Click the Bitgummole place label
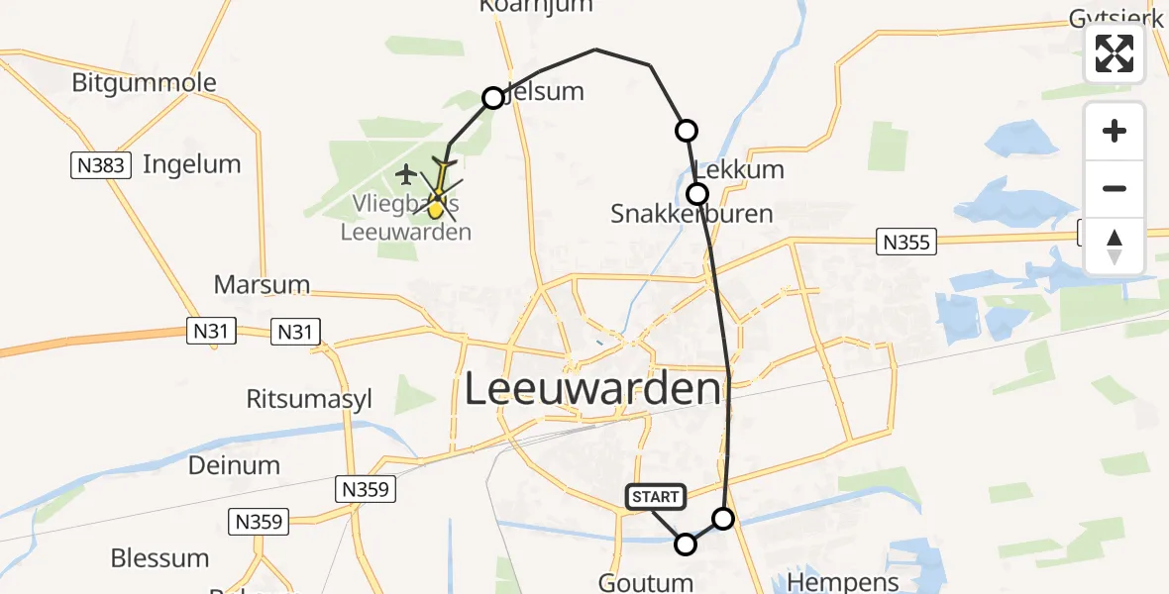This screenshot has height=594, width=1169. click(x=144, y=82)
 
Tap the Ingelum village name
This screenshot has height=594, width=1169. click(x=191, y=164)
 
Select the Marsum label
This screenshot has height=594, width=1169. click(x=262, y=285)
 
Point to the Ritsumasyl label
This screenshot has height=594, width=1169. click(x=309, y=399)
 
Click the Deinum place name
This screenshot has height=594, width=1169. click(x=234, y=465)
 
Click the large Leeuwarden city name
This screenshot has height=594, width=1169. click(x=591, y=389)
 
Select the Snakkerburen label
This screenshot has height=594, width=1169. click(x=691, y=214)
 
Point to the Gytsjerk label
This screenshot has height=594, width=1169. click(x=1116, y=18)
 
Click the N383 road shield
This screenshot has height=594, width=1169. click(x=103, y=164)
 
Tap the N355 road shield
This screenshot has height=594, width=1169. click(x=906, y=241)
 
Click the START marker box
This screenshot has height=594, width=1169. click(x=655, y=497)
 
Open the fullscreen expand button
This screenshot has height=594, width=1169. click(x=1115, y=53)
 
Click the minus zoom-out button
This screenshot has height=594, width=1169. click(x=1115, y=188)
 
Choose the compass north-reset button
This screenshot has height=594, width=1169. click(x=1115, y=247)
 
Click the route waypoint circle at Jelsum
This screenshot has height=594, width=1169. click(x=493, y=97)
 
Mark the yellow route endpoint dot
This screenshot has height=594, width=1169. click(x=435, y=210)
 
